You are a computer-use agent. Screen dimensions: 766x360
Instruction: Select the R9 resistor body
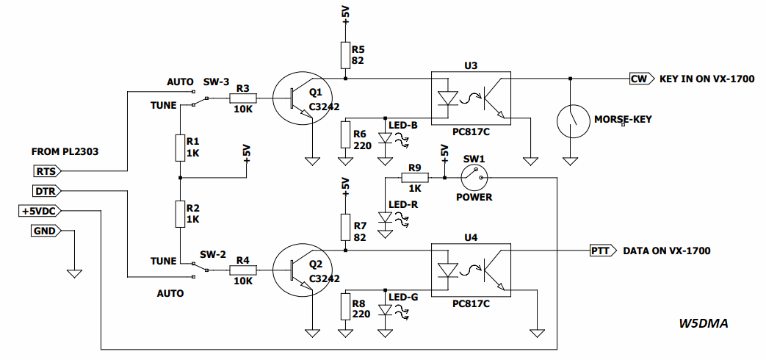pos(415,178)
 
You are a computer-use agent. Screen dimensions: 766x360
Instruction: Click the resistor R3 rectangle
pos(243,98)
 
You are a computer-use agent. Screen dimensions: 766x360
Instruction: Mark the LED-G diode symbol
pos(386,310)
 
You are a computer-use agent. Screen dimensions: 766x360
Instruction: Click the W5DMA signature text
pos(703,323)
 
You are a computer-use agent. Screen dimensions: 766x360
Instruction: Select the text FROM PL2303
pos(65,152)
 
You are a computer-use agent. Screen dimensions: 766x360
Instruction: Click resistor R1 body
pos(180,148)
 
